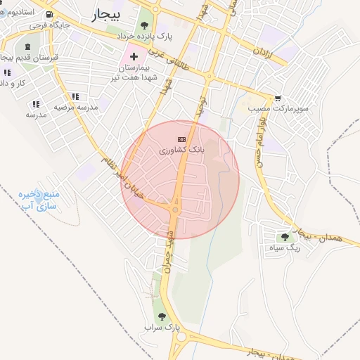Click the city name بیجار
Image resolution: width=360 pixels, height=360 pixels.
pos(106,13)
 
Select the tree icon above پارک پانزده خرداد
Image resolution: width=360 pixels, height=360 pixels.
pos(144,25)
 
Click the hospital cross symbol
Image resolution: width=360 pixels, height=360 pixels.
pos(134,55)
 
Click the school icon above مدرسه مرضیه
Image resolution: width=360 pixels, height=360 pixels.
pos(75,96)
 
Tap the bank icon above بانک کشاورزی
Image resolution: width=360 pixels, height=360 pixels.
pos(181,139)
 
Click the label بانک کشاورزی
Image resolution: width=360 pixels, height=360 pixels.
pos(181,150)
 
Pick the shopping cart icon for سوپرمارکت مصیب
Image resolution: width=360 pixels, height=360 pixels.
pos(280,98)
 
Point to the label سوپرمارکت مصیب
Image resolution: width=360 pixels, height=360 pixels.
pos(262,108)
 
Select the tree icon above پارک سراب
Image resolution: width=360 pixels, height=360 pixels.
pos(163,317)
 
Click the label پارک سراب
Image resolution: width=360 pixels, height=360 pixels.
pos(163,328)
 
